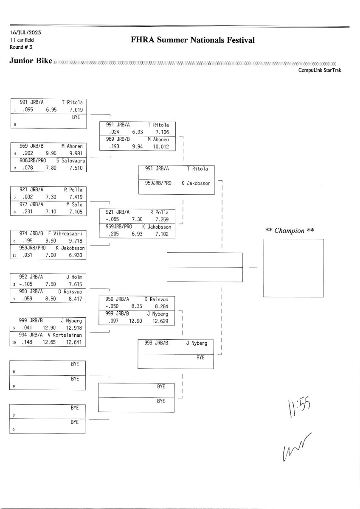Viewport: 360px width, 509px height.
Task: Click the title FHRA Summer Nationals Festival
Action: click(193, 40)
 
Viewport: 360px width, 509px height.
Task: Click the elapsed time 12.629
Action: click(161, 321)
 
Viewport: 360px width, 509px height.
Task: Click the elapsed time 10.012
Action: click(161, 147)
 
